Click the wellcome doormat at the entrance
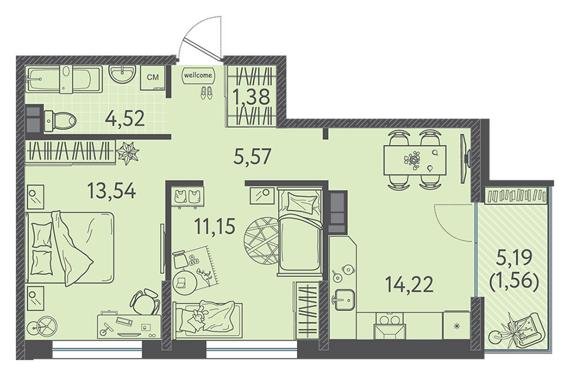(197, 75)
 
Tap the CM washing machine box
(153, 77)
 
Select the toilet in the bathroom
(59, 120)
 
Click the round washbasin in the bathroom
(122, 74)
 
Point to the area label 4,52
(125, 118)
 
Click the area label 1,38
(252, 97)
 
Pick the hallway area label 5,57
(252, 156)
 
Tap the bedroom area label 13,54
(112, 191)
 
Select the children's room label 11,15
(215, 226)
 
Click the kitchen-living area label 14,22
(409, 284)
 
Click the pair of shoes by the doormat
(207, 92)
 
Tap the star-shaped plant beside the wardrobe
(127, 153)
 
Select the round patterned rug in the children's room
(262, 241)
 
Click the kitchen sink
(344, 300)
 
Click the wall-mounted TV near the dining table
(465, 159)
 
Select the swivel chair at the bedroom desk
(146, 301)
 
